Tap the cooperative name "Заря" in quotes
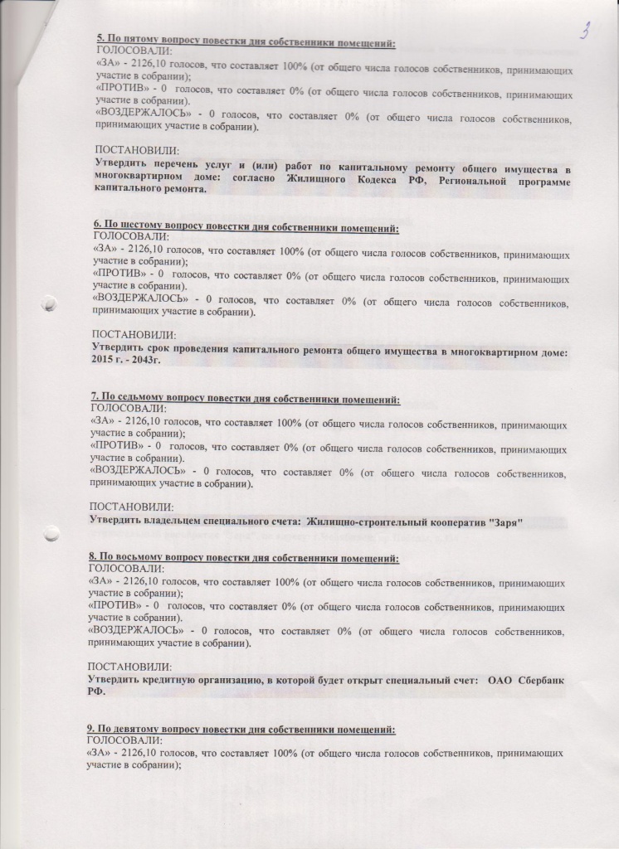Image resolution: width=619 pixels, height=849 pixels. [x=503, y=521]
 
